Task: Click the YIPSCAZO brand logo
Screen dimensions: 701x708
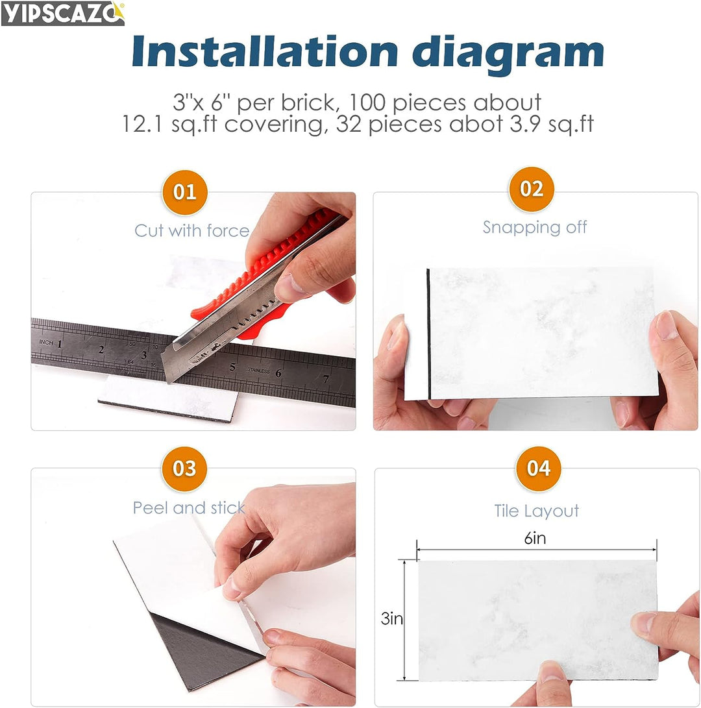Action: [x=63, y=14]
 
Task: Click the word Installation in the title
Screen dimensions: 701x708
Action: [x=265, y=51]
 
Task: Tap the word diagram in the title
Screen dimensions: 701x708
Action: [x=508, y=54]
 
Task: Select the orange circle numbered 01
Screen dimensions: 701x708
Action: [x=185, y=192]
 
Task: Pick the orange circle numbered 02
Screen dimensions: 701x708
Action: [x=531, y=189]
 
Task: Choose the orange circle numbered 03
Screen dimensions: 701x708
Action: [x=184, y=469]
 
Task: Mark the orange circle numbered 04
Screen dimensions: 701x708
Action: [x=538, y=469]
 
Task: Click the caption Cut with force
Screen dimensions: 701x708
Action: [x=192, y=231]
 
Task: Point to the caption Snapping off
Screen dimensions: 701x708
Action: [x=535, y=227]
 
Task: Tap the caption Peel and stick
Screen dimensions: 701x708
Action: [x=189, y=508]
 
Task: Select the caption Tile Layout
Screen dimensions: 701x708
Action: [x=536, y=511]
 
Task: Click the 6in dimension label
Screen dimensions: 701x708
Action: [x=535, y=538]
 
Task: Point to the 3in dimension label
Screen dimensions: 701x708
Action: [x=391, y=618]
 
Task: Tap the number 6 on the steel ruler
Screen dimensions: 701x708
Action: [x=278, y=373]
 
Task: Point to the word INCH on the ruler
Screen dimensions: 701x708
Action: [x=46, y=342]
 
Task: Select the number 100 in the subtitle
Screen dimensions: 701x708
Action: [x=367, y=103]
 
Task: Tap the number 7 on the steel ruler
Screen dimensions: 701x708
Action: [x=326, y=379]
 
